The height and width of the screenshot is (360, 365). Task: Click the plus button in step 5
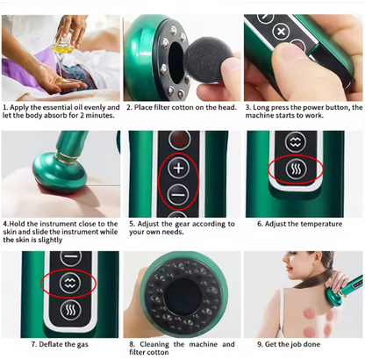point(179,168)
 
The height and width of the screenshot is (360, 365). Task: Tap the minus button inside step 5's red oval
point(178,195)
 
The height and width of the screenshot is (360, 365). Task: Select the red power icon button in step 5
point(180,140)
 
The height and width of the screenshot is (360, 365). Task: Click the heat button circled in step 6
point(296,169)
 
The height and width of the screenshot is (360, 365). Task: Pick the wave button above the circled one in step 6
point(296,142)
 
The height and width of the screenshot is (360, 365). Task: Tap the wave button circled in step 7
point(69,284)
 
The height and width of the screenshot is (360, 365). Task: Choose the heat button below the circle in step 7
point(70,310)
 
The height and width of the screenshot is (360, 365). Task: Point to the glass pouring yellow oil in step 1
point(63,43)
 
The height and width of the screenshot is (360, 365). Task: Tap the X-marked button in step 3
point(281,32)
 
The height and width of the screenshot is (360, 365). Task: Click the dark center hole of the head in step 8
point(182,297)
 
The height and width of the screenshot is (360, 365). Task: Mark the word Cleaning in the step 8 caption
point(154,344)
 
